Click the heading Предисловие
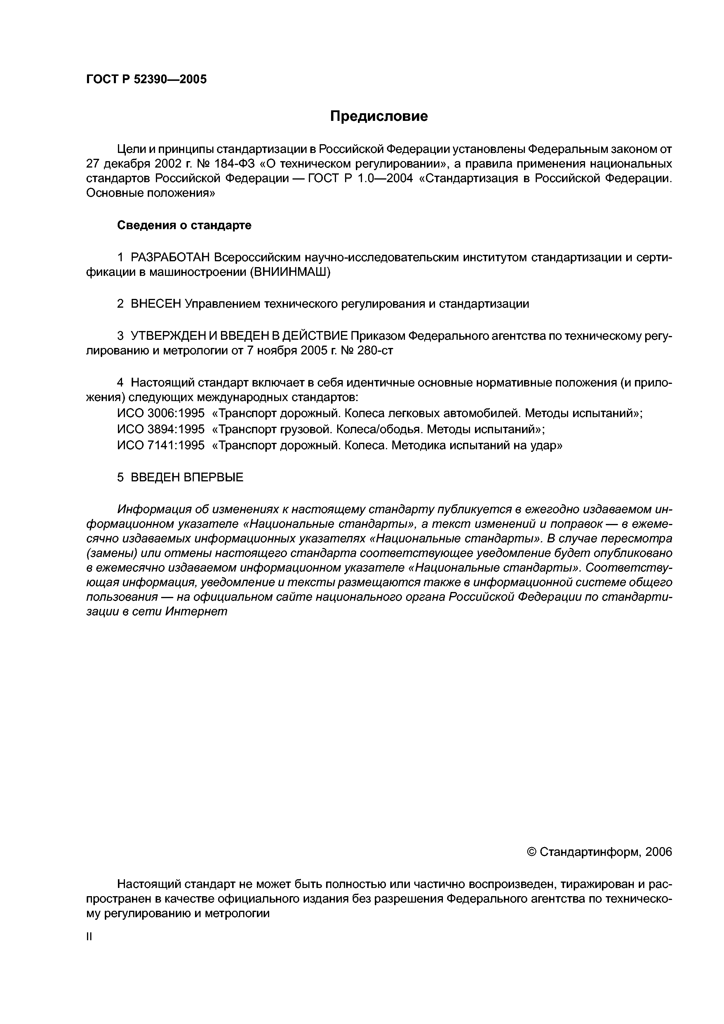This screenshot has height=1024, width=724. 379,116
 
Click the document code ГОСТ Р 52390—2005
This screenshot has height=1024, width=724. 146,79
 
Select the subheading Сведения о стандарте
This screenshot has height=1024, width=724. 184,226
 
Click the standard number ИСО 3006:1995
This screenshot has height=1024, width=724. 161,413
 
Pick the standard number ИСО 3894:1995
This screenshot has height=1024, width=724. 161,429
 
